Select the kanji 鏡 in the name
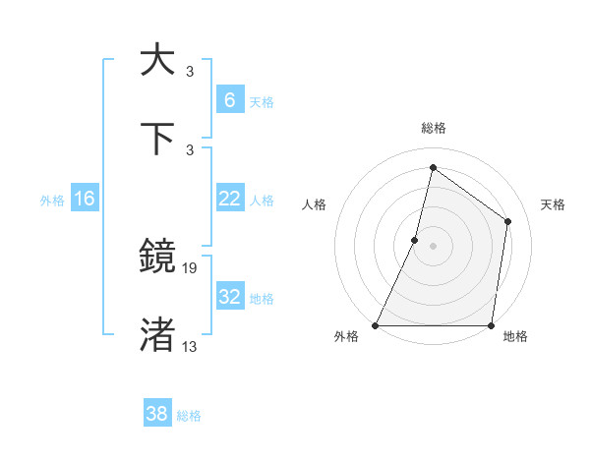158,257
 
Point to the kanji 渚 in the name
158,334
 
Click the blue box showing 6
229,100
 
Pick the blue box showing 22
229,199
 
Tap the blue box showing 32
229,297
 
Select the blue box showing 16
84,199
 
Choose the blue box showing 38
157,414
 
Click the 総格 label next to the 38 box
189,416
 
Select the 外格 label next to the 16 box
52,201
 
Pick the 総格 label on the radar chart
434,128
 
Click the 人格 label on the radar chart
315,204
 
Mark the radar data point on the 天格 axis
508,221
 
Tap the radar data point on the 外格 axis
376,325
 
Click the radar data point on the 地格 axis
491,325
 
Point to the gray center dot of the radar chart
434,245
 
